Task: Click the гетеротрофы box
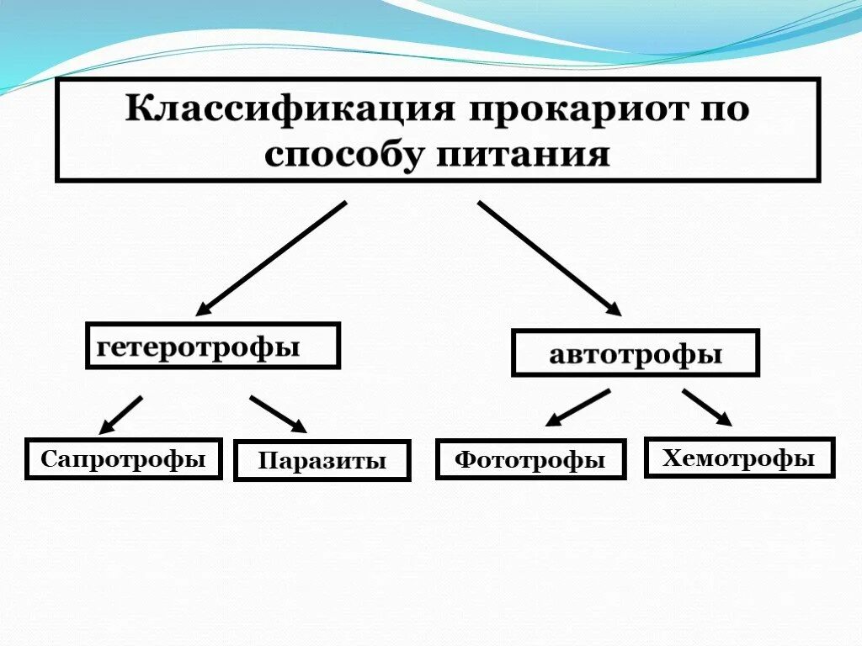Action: [x=212, y=346]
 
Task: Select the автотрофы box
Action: [x=636, y=352]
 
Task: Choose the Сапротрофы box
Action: [x=124, y=459]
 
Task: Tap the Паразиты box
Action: [x=322, y=461]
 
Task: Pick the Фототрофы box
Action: [x=530, y=460]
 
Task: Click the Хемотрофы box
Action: [x=739, y=458]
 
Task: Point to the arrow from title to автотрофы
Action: [x=549, y=257]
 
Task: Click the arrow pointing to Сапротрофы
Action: [x=121, y=413]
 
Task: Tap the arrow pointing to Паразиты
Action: [x=278, y=414]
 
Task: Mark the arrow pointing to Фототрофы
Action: [x=577, y=407]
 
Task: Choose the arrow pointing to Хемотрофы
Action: [x=707, y=407]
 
